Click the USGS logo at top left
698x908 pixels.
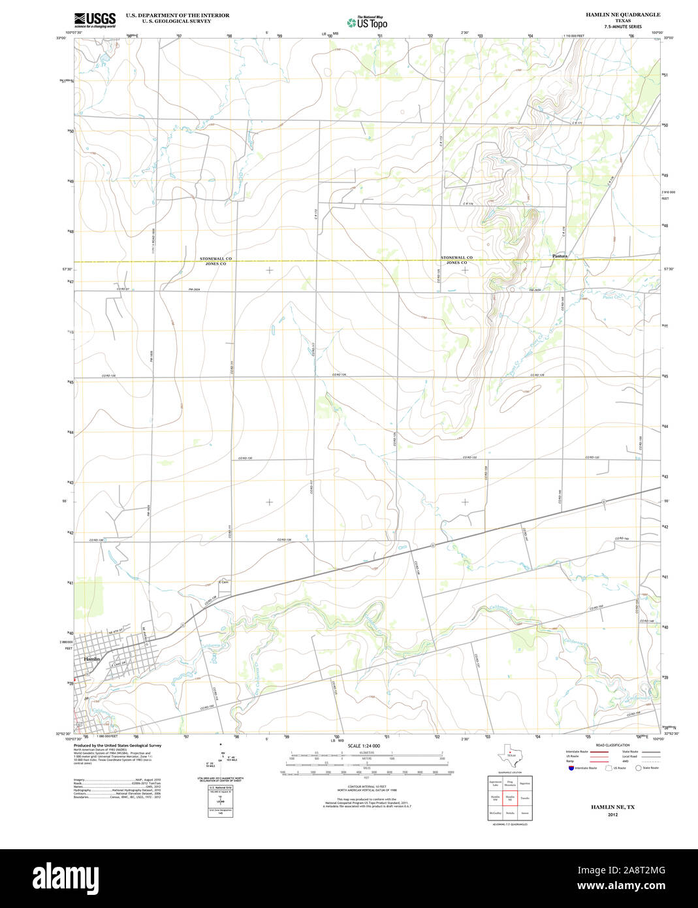[95, 19]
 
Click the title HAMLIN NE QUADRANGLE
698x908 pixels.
[623, 14]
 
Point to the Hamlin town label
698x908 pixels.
[92, 659]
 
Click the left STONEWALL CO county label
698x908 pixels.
[215, 259]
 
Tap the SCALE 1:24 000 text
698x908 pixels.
[364, 745]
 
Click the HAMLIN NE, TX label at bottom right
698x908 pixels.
[612, 807]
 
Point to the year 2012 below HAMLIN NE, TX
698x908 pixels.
[612, 815]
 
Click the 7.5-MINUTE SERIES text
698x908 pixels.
[623, 27]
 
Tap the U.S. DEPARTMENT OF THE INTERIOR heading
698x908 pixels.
[178, 14]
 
